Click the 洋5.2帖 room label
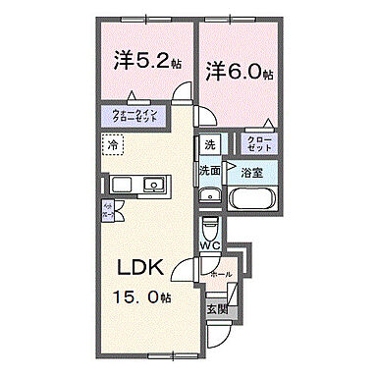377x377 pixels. click(144, 60)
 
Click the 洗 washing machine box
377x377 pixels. click(209, 145)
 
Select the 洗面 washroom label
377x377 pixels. click(210, 170)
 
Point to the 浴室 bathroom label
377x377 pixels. click(251, 172)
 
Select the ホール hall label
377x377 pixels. click(221, 275)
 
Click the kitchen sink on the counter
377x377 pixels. click(152, 185)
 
